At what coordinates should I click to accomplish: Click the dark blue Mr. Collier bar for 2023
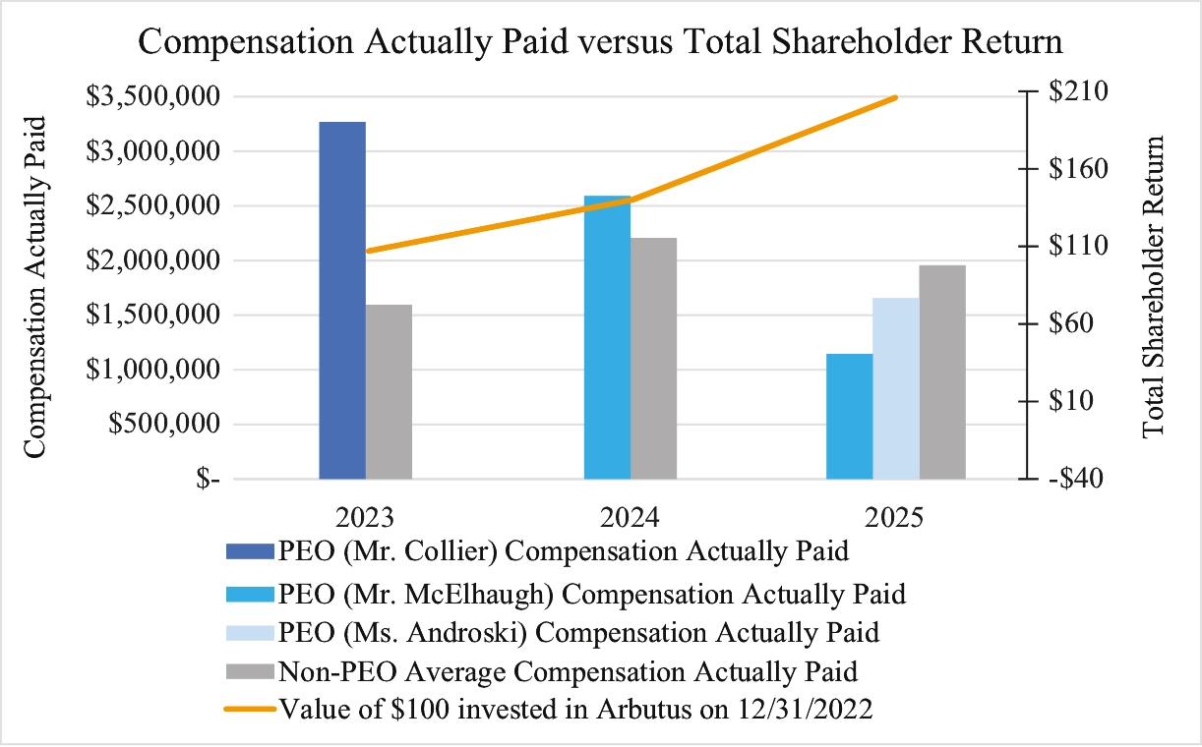(x=342, y=301)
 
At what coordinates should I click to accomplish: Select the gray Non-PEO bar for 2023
(x=389, y=392)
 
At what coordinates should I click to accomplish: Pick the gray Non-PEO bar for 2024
(x=653, y=359)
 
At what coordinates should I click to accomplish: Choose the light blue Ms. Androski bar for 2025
(x=895, y=388)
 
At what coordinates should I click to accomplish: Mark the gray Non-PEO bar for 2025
(x=942, y=373)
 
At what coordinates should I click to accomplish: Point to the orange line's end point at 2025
(x=895, y=97)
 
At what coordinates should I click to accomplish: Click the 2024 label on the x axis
(x=631, y=518)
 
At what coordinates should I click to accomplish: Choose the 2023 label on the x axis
(x=366, y=518)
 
